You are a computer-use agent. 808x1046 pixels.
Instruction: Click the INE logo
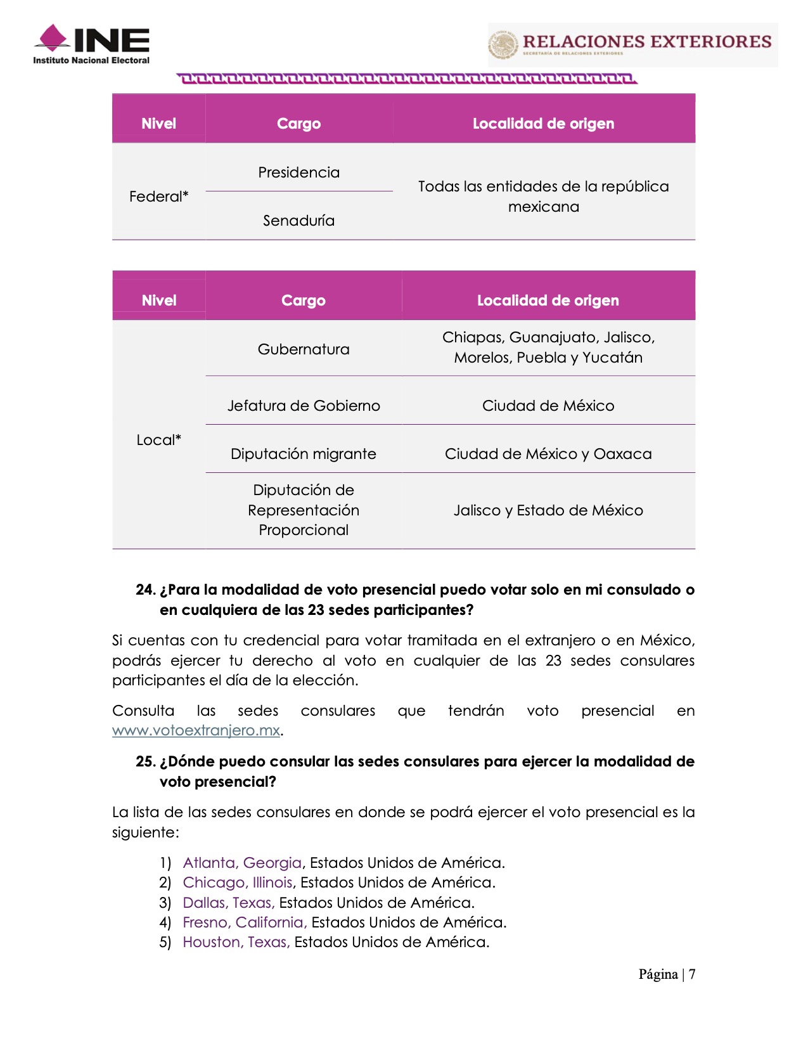pos(91,44)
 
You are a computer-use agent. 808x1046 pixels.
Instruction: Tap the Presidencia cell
pos(298,172)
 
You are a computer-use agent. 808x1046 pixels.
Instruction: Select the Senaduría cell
pos(298,221)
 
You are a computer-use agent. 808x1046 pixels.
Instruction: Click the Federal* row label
pos(158,197)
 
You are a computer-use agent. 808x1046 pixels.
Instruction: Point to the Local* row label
pos(158,440)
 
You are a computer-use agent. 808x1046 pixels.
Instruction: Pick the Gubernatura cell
pos(304,349)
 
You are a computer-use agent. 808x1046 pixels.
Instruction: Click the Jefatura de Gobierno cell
pos(304,406)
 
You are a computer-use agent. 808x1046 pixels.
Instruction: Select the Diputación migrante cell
pos(304,454)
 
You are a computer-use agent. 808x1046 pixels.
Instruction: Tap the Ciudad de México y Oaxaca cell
pos(548,454)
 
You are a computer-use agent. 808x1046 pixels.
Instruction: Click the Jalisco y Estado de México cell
pos(548,510)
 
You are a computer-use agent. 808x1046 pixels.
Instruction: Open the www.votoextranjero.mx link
pos(196,730)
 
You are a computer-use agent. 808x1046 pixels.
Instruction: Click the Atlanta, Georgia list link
pos(242,863)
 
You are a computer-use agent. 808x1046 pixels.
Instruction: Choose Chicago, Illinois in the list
pos(238,882)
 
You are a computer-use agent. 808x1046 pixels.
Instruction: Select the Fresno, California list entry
pos(245,922)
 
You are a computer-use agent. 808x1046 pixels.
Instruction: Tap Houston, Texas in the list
pos(236,942)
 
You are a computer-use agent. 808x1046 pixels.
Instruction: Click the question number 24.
pos(145,590)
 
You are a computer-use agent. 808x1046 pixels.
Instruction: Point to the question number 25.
pos(145,761)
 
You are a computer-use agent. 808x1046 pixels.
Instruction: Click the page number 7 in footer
pos(693,974)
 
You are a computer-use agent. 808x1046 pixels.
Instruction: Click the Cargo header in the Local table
pos(304,300)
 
